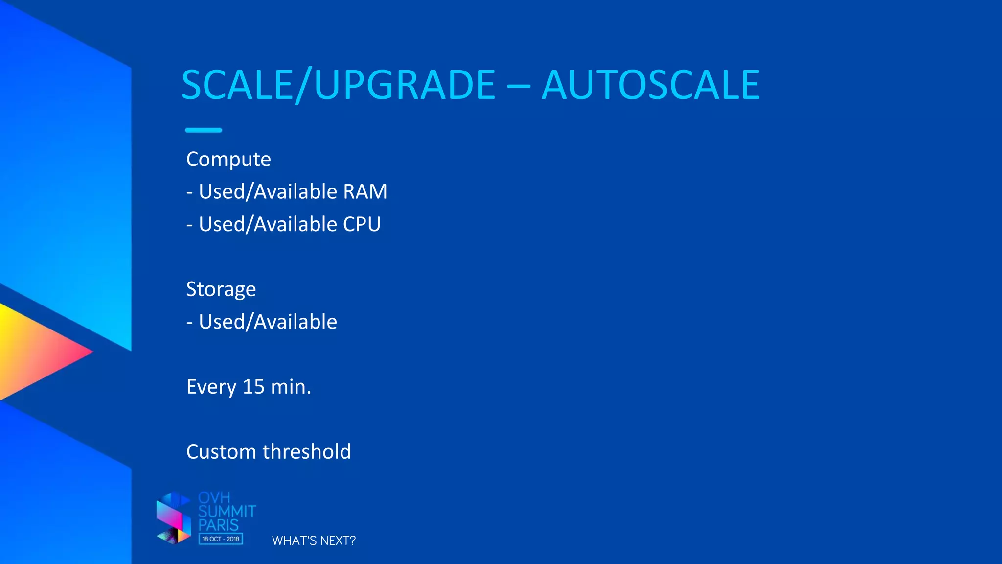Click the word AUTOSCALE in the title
(651, 85)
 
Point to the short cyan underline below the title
(204, 130)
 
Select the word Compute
(228, 160)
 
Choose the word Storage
(221, 289)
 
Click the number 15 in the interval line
(253, 387)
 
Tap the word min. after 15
(291, 387)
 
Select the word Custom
(221, 451)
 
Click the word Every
(211, 387)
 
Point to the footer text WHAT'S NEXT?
(314, 540)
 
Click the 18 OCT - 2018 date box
(221, 539)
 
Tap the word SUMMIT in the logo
(227, 512)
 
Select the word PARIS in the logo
(218, 525)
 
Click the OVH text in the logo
(214, 498)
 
